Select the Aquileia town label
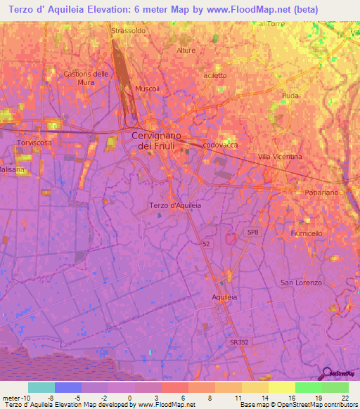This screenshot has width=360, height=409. pos(226,297)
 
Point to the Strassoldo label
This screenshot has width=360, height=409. pos(128,31)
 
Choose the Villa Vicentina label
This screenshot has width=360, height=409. pos(280,156)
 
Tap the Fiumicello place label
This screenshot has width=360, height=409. pos(305,233)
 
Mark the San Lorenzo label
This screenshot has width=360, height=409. pos(301,283)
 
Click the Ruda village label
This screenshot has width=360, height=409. pos(290,96)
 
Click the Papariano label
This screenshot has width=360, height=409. pos(304,193)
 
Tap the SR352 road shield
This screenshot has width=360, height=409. pos(238,342)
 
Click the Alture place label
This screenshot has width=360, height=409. pos(186,51)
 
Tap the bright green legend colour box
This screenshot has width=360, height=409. pos(308,387)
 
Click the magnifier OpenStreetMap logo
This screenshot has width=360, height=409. pos(328,375)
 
